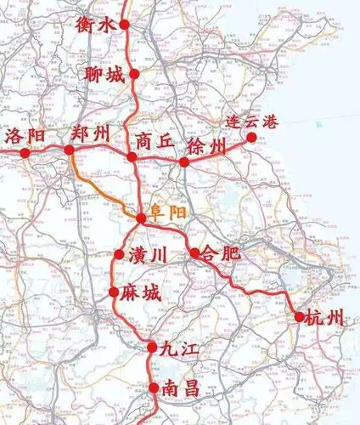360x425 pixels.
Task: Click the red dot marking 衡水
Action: coord(125,25)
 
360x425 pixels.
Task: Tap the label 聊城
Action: coord(104,75)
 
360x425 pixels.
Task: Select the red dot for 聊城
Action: coord(134,75)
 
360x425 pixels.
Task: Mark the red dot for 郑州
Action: coord(70,150)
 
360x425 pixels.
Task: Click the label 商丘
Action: coord(155,141)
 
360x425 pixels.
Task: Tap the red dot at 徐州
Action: coord(183,161)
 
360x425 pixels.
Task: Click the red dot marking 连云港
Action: coord(251,136)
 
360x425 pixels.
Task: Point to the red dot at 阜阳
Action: coord(140,218)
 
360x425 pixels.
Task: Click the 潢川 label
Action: coord(149,254)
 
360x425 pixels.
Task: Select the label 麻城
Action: coord(140,293)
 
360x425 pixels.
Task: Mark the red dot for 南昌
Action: coord(154,388)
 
